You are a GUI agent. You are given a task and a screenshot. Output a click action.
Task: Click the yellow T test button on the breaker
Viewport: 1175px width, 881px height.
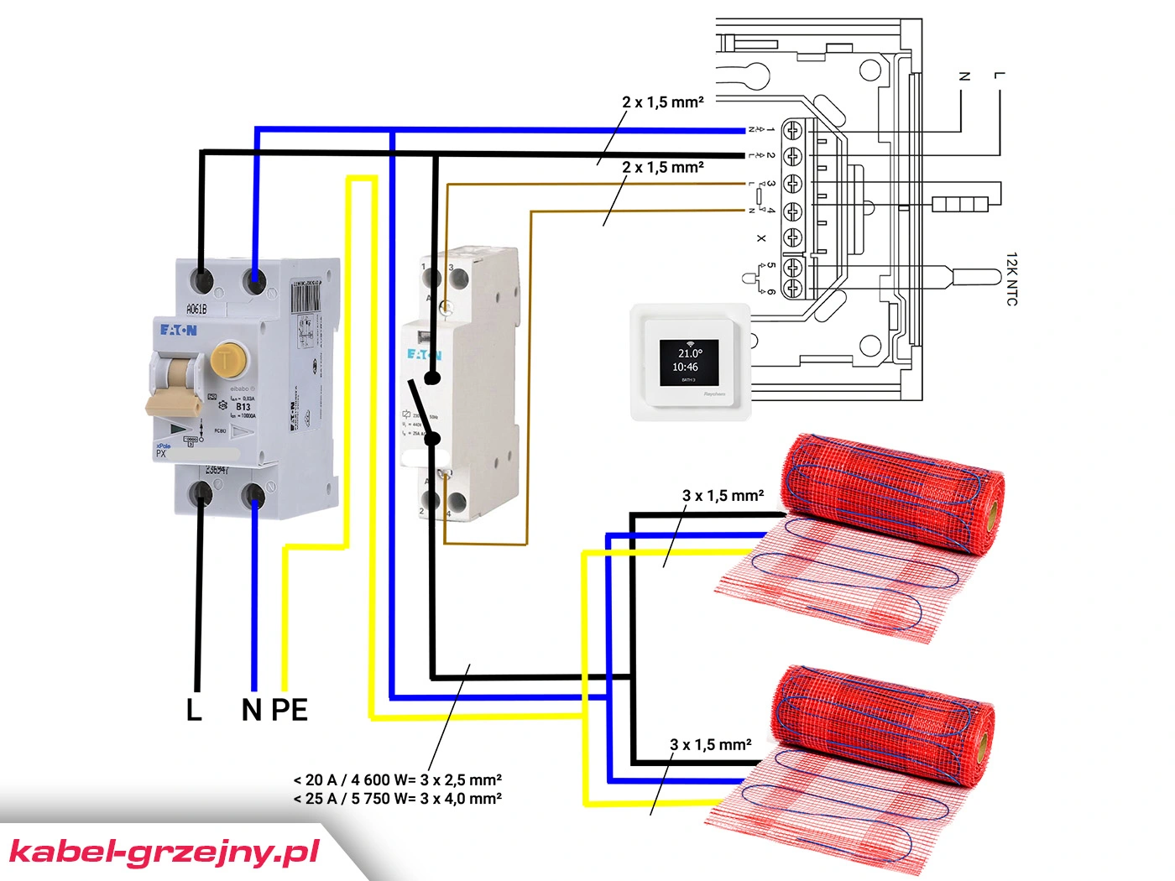pos(226,360)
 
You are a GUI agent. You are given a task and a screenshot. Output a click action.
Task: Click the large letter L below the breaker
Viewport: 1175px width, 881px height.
pos(194,710)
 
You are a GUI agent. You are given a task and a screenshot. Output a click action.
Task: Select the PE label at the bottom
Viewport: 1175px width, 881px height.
pos(290,710)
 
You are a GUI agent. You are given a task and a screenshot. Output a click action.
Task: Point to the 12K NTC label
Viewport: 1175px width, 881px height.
pos(1011,279)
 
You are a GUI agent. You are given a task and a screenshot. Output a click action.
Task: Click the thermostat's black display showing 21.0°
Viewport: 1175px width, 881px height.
pos(689,362)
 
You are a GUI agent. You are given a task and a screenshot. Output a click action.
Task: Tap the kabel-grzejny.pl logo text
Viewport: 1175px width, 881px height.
pos(164,852)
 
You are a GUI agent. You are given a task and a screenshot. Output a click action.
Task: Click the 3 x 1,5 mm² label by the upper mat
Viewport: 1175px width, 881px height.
pos(723,496)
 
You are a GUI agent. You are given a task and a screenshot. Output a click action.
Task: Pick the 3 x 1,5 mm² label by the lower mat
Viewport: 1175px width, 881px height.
pos(710,745)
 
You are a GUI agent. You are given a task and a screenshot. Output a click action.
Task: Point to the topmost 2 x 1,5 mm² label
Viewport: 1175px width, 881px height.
pos(662,102)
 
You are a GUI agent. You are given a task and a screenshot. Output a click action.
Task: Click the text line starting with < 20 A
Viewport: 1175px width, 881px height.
pos(397,780)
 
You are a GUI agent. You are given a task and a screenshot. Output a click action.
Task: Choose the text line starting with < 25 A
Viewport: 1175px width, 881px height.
pos(397,799)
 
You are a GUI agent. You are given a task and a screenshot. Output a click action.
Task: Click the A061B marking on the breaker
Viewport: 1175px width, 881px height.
pos(196,309)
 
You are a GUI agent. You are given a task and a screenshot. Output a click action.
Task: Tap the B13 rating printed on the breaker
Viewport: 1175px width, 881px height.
pos(243,407)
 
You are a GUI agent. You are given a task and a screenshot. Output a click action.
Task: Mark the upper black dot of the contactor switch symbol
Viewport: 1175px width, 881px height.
pos(432,378)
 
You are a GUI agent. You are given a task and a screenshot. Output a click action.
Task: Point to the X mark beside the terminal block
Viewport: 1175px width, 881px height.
pos(761,238)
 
